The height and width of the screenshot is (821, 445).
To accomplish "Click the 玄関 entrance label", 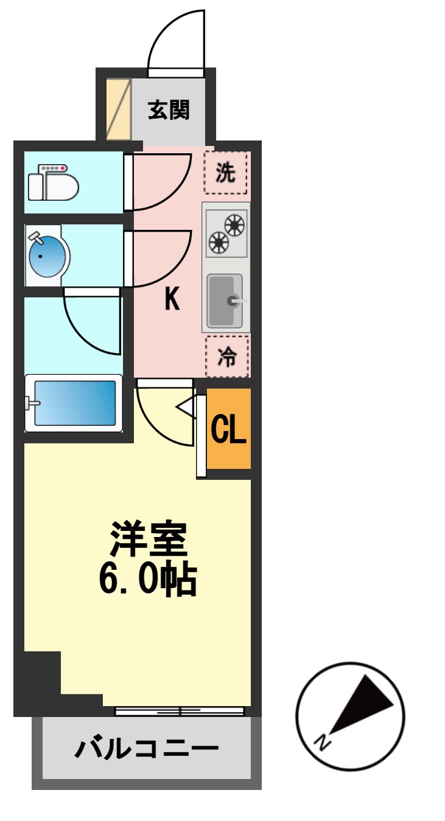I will pos(169,110).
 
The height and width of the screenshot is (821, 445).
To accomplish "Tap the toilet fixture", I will pos(54,182).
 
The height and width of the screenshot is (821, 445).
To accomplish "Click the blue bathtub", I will pos(75,403).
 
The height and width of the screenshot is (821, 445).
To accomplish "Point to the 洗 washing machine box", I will pos(226,173).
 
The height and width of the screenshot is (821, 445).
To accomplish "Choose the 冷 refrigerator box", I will pos(226,356).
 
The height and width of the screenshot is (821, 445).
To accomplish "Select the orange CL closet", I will pos(228,429).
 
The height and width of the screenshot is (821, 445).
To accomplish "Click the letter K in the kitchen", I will pos(172,299).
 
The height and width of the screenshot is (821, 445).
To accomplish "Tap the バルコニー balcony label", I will pos(146,749).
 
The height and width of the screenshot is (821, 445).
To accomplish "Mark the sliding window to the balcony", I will pos(180,710).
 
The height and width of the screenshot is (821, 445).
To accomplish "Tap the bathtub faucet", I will pos(32,403).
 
